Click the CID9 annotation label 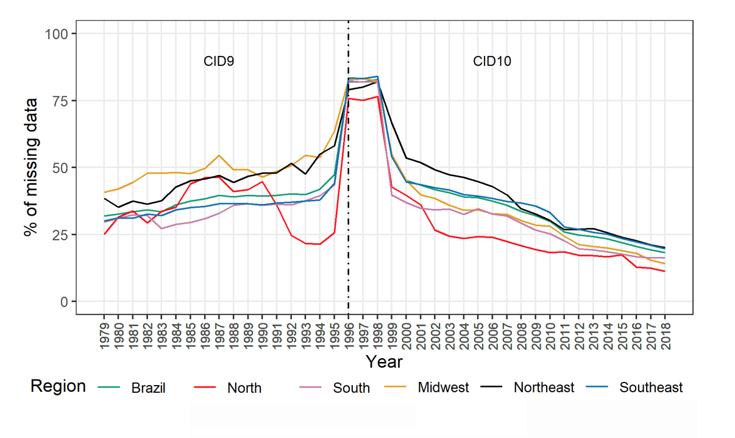[x=219, y=62]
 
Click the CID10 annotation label [x=492, y=62]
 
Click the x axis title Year [x=384, y=362]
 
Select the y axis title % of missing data [x=30, y=168]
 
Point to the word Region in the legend [x=58, y=386]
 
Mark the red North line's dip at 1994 [x=319, y=244]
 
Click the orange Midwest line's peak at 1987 [x=219, y=155]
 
